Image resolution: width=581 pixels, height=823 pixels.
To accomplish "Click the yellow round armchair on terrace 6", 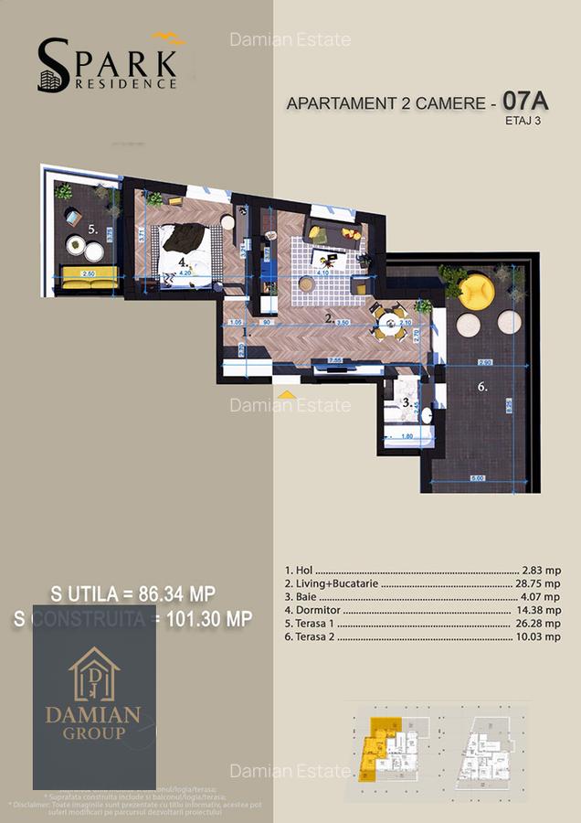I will pyautogui.click(x=476, y=291).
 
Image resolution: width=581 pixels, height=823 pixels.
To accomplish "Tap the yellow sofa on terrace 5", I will pyautogui.click(x=89, y=273).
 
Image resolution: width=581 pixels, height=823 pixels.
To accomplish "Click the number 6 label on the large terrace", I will pyautogui.click(x=481, y=387).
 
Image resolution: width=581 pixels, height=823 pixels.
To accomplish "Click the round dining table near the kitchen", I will pyautogui.click(x=390, y=322).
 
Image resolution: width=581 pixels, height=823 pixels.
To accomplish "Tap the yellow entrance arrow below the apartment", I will pyautogui.click(x=287, y=394).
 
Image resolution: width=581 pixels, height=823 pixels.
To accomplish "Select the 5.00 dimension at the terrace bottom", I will pyautogui.click(x=477, y=477).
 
